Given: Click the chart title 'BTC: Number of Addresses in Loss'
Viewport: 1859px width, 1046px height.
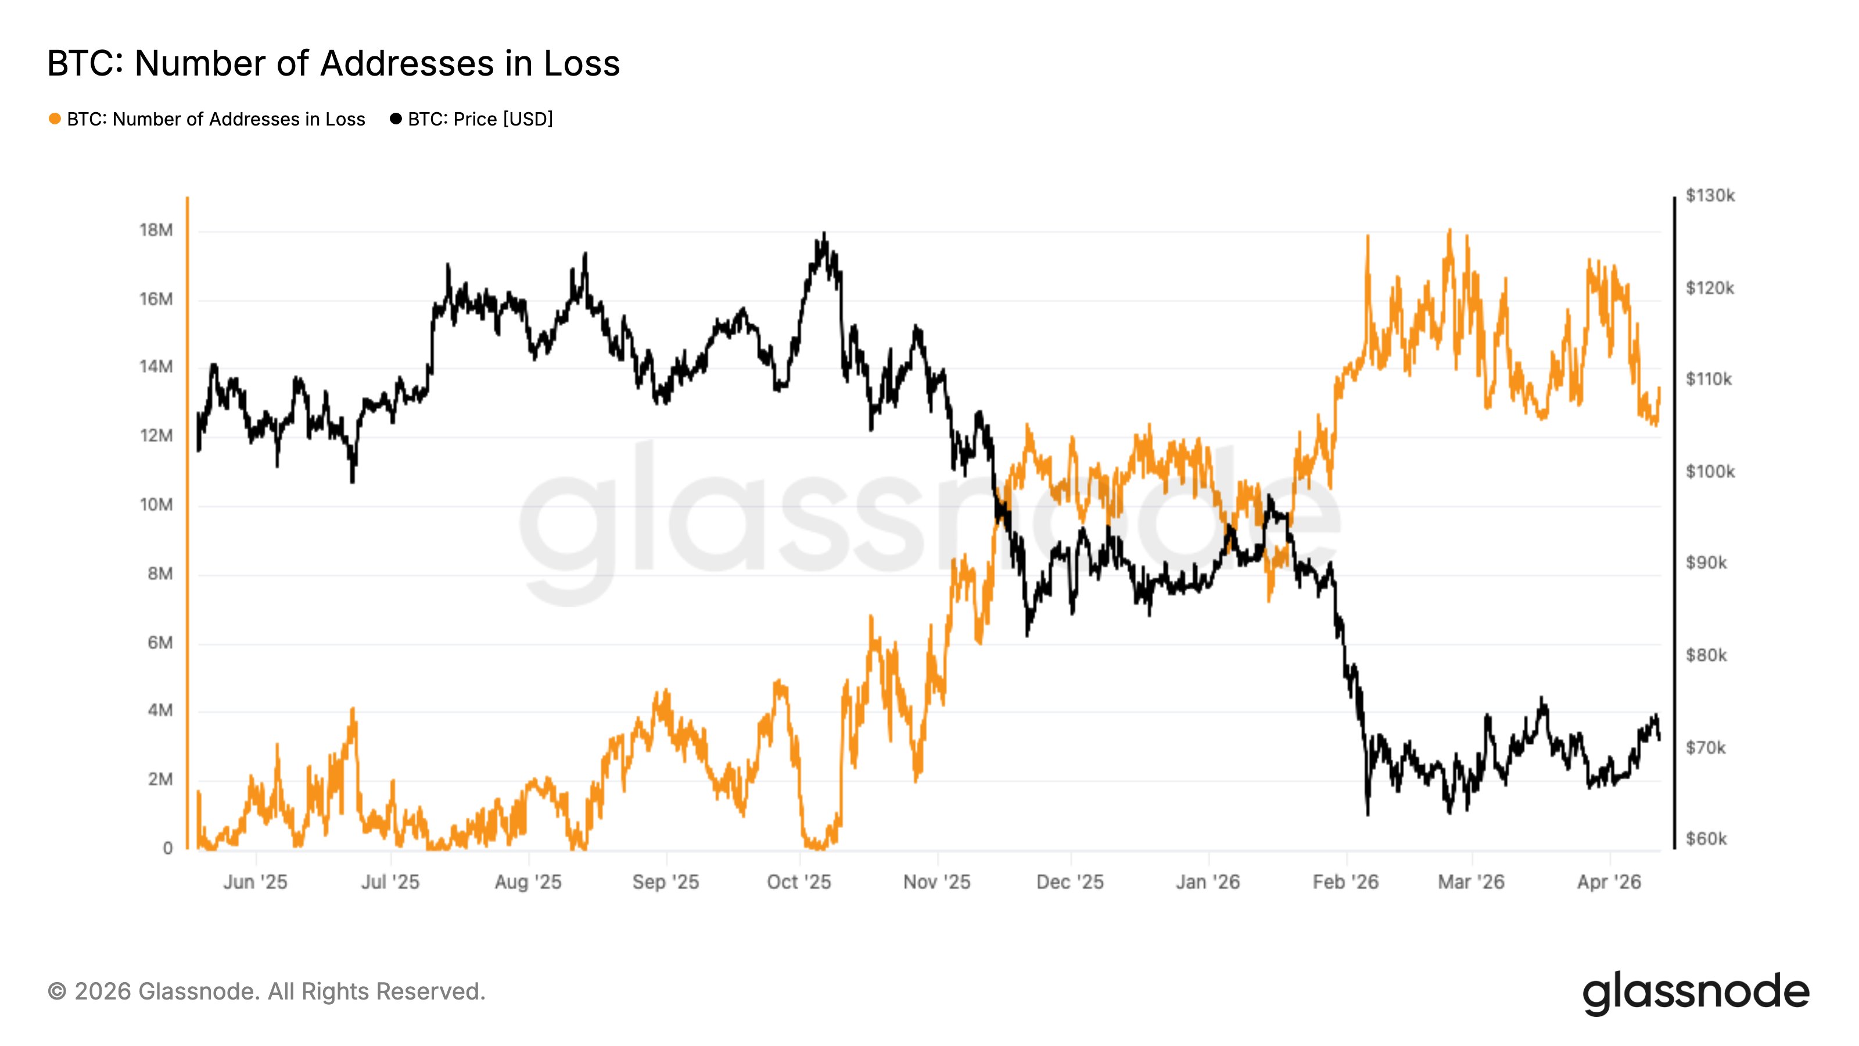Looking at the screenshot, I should tap(333, 63).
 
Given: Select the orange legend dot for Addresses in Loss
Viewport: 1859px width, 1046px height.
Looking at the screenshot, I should tap(55, 119).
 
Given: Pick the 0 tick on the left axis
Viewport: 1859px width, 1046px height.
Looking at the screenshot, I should tap(167, 848).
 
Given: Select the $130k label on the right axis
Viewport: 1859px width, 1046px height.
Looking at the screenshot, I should tap(1710, 196).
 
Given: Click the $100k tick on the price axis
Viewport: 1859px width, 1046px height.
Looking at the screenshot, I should tap(1710, 471).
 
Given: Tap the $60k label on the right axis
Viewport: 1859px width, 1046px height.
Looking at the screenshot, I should tap(1706, 839).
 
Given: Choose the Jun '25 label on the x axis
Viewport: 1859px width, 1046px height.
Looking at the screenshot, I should tap(255, 882).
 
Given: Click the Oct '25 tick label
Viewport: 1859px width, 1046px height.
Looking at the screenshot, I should tap(799, 882).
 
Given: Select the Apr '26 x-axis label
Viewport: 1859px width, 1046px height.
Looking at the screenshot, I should tap(1609, 882).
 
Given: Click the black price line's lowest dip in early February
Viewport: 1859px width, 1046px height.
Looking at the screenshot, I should tap(1368, 814).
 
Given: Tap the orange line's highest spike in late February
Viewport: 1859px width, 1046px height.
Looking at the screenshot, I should tap(1449, 232).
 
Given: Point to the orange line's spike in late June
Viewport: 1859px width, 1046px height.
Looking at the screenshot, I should tap(353, 710).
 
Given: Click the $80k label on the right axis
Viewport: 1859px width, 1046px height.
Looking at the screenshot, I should tap(1706, 655).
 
